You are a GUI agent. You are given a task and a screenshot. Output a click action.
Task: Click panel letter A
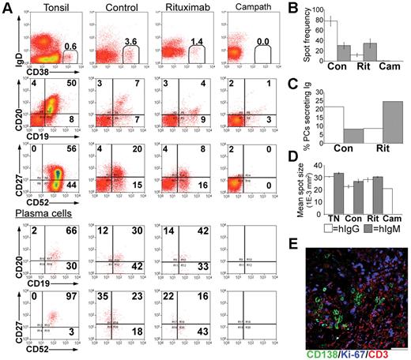[7, 8]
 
